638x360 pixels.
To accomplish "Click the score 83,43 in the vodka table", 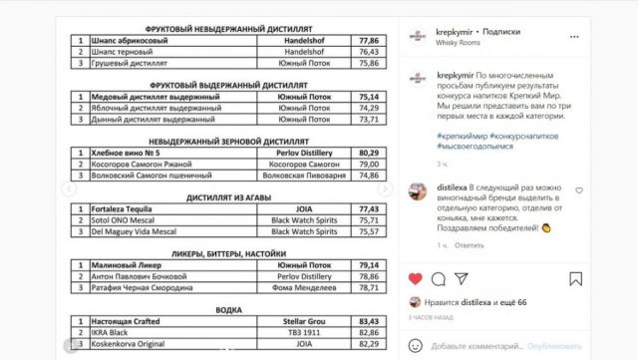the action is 369,320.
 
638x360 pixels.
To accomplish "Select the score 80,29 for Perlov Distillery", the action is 369,153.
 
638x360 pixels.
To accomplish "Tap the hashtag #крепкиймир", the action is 460,135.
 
